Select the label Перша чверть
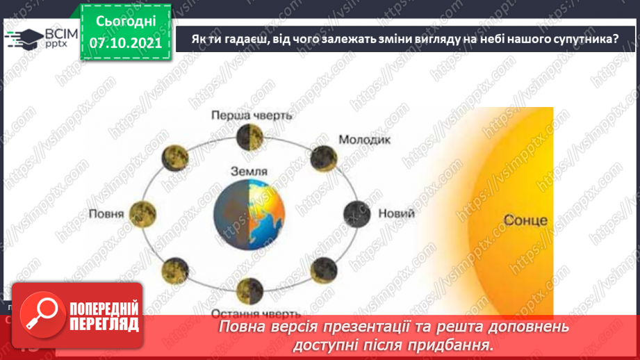pyautogui.click(x=252, y=115)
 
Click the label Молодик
pyautogui.click(x=365, y=139)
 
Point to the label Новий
pyautogui.click(x=396, y=213)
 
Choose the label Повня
pyautogui.click(x=106, y=213)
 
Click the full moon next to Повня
pyautogui.click(x=142, y=211)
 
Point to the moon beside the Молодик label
pyautogui.click(x=322, y=156)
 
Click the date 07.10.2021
pyautogui.click(x=125, y=43)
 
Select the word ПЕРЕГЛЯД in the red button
pyautogui.click(x=105, y=323)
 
